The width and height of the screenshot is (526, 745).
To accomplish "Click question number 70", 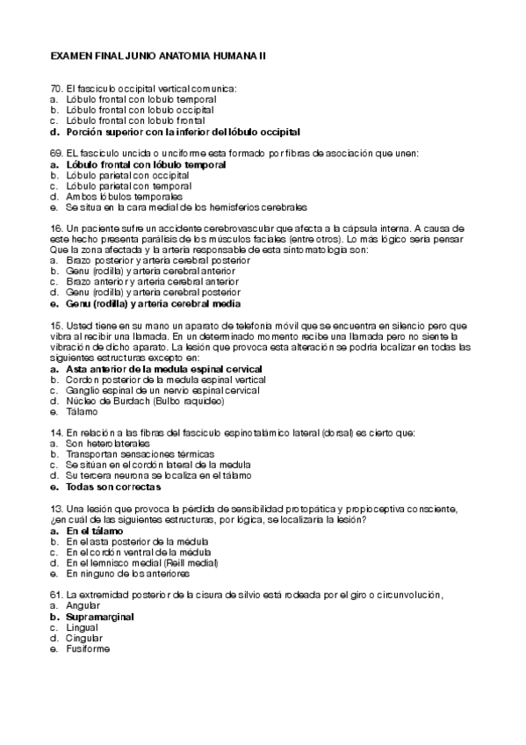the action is coord(56,89).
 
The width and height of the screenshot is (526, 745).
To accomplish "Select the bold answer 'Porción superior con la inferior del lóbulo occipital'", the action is coord(183,132).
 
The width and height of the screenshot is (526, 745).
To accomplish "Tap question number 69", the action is coord(56,153).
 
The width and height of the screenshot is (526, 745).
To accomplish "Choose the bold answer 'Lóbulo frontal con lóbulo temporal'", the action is coord(145,164).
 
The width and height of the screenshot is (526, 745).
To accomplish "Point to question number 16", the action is coord(56,228).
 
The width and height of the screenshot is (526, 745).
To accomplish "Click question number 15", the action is coord(56,326).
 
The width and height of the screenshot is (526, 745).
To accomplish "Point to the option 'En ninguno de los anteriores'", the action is coord(126,574).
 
